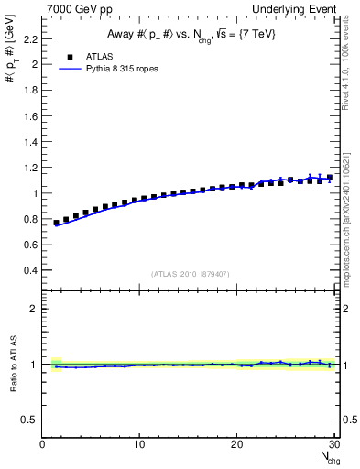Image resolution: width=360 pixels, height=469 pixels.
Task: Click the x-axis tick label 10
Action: pos(139,445)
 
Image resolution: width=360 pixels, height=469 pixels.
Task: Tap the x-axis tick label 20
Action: pos(236,445)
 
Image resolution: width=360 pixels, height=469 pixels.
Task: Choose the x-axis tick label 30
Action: pos(333,445)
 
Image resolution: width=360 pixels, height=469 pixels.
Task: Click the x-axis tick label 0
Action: pos(43,445)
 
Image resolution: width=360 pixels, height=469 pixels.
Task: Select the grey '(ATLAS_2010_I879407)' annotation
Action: pos(190,274)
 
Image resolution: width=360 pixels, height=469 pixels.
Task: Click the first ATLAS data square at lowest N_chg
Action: pos(57,223)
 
